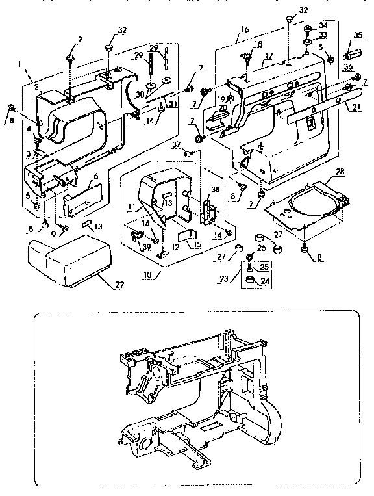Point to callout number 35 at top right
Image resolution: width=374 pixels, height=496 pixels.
coord(358,35)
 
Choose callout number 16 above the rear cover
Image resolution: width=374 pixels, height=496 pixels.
coord(244,30)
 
